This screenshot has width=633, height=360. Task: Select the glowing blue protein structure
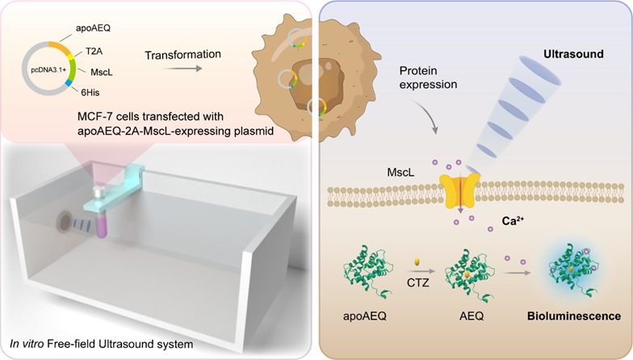click(568, 273)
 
